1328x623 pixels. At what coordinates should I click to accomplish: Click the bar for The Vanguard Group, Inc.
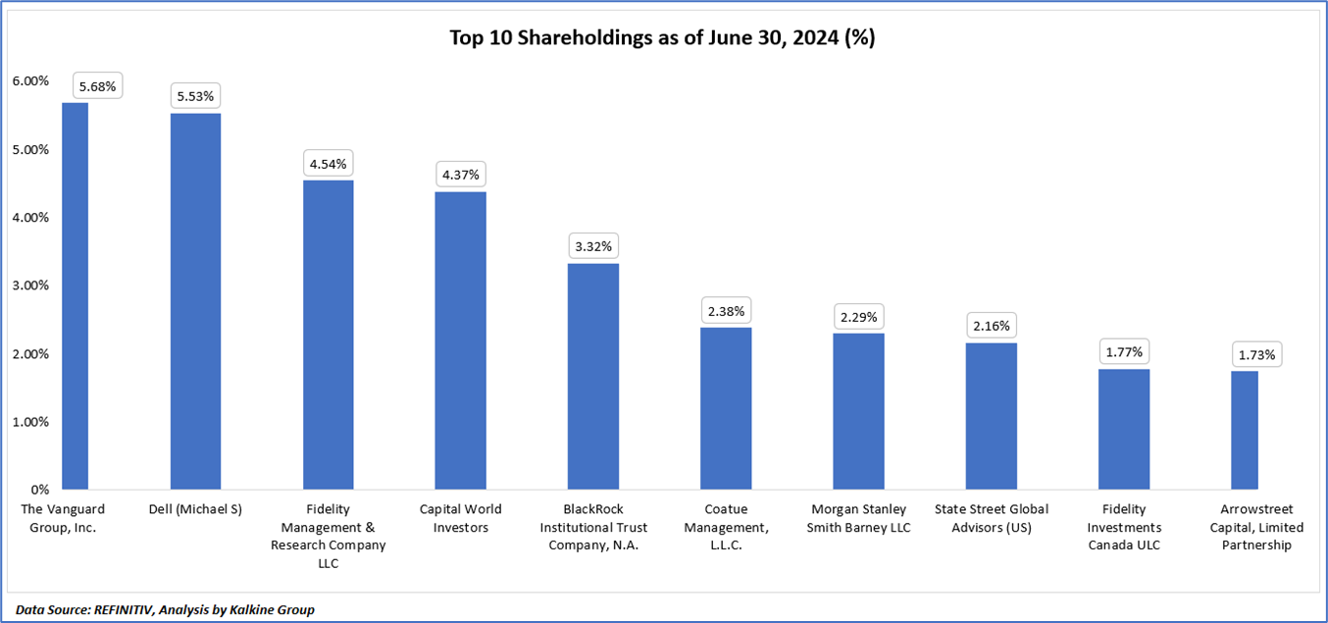point(75,295)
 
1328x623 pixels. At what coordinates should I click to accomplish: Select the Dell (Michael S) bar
point(195,301)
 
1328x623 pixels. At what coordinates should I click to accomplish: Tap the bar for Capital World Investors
point(460,340)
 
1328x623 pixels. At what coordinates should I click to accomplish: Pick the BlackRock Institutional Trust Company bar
point(592,376)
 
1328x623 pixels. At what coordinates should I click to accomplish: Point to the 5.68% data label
point(97,86)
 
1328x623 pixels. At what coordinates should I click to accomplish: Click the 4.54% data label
point(328,164)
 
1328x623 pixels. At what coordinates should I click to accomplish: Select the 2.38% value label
point(726,312)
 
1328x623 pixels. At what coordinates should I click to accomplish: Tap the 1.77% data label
point(1124,352)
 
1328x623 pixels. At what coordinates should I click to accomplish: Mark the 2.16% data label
point(991,326)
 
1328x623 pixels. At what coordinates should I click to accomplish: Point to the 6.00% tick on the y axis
point(29,81)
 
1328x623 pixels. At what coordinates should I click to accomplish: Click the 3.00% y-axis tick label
point(29,286)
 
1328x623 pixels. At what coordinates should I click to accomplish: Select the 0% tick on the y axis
point(40,490)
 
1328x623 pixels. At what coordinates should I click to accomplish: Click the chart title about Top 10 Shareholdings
point(662,38)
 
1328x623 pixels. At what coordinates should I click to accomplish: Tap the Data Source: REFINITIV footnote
point(165,609)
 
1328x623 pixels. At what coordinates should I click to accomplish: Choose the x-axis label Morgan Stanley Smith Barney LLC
point(858,518)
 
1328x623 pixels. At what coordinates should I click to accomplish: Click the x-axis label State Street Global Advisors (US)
point(991,518)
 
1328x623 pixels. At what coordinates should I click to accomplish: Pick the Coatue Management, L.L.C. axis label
point(726,527)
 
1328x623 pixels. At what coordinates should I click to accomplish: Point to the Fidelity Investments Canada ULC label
point(1124,527)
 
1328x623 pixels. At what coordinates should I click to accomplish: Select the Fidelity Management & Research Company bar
point(328,335)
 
